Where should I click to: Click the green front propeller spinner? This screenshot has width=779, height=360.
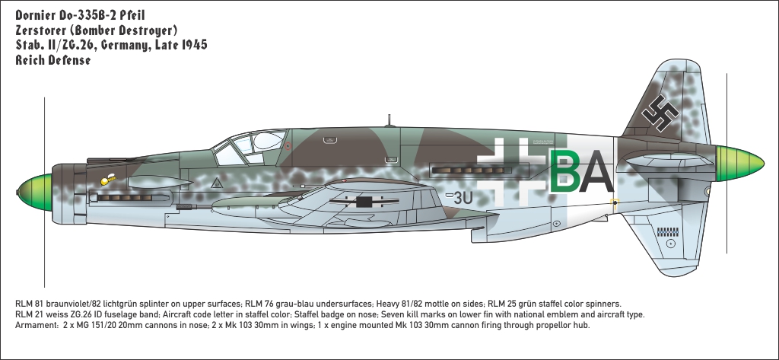pos(35,192)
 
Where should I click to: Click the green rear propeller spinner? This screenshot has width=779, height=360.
pos(739,164)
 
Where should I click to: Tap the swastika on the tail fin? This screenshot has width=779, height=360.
pos(660,113)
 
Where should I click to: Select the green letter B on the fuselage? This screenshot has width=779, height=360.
pos(565,171)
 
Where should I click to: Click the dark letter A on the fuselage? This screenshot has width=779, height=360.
pos(596,171)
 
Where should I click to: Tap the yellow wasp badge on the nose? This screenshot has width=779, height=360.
pos(107,179)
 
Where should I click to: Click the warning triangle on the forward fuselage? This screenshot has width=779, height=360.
pos(216,183)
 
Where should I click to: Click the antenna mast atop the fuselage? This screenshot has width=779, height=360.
pos(389,120)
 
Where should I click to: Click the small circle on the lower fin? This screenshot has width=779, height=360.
pos(671,244)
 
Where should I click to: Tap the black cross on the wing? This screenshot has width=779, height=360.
pos(364,202)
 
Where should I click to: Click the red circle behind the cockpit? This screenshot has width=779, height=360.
pos(288,145)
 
